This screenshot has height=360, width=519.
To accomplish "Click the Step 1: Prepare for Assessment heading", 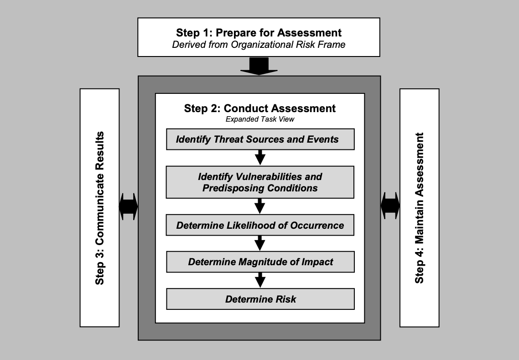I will tap(259, 33).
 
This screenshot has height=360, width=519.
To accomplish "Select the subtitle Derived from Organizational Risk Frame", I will tap(259, 45).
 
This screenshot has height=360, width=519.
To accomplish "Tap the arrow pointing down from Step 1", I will tap(259, 66).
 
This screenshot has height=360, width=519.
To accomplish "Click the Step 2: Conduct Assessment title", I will tap(260, 108).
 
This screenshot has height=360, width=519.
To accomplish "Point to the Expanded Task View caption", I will tap(259, 120).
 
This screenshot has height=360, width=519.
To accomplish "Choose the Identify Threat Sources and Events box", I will tap(260, 139).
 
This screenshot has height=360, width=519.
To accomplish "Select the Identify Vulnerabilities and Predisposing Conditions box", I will tap(260, 182).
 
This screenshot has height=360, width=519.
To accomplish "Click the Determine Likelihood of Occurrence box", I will tap(260, 226).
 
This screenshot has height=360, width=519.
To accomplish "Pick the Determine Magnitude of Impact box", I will tap(260, 262).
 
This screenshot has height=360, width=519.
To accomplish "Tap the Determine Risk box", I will tap(260, 299).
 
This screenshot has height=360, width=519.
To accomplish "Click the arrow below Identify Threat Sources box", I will tap(260, 157).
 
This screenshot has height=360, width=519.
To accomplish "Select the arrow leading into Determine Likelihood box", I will tap(260, 206).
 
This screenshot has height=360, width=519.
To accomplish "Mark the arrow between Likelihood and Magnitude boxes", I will tap(260, 243).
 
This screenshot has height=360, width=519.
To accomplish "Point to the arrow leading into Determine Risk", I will tap(260, 279).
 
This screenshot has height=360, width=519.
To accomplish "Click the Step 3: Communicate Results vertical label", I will tap(100, 208).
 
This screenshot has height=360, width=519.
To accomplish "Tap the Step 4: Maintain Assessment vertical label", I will tap(420, 208).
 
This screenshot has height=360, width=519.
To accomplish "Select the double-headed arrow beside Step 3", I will tap(128, 207).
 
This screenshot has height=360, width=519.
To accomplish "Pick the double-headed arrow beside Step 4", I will tap(390, 207).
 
